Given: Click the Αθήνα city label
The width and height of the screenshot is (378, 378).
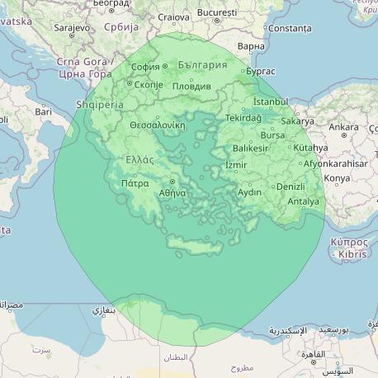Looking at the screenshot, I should (x=172, y=192).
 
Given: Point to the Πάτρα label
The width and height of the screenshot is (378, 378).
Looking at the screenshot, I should (x=135, y=183).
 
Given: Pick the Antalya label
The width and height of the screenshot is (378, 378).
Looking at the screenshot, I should (x=303, y=201).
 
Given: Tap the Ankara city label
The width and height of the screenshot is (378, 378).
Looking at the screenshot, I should (x=343, y=127).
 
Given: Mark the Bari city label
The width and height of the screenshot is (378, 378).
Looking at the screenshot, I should (x=43, y=111).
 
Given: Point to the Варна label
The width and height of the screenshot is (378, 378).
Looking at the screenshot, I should (x=250, y=46).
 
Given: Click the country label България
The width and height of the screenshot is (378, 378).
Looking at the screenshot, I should (x=201, y=65).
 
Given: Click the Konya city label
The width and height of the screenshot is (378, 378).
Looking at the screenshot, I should (x=337, y=177).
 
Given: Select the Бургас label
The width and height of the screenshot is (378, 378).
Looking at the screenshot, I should (x=260, y=72).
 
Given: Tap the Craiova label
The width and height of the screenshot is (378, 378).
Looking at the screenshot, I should (x=173, y=17).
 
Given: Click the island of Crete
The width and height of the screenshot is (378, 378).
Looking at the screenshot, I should (x=194, y=243).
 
